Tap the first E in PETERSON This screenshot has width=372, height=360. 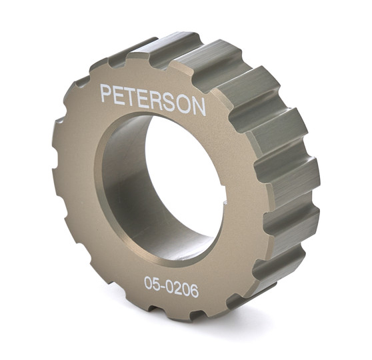(x=120, y=95)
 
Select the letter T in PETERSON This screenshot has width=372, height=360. (x=132, y=96)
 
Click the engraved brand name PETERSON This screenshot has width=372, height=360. (x=153, y=99)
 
